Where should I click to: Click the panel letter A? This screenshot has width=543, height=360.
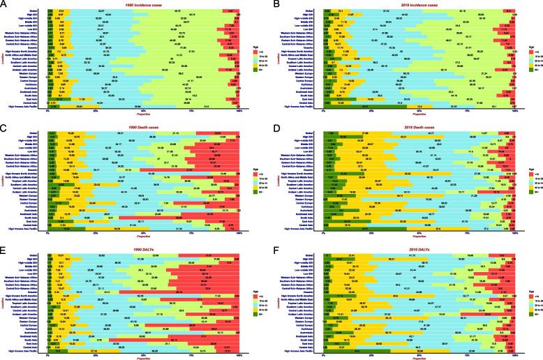[3, 3]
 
